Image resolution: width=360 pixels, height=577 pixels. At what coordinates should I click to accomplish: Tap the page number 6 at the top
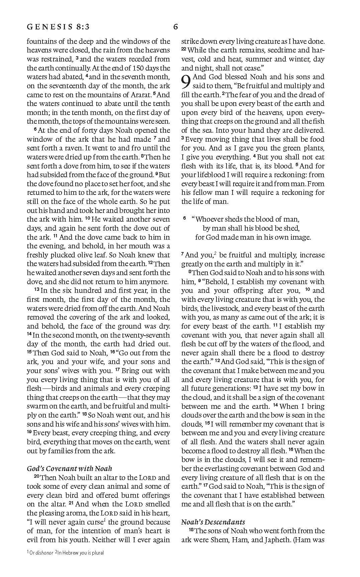(176, 27)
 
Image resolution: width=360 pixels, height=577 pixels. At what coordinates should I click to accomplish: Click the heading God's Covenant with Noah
(69, 469)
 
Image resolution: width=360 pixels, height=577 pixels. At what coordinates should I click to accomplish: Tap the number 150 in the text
(137, 68)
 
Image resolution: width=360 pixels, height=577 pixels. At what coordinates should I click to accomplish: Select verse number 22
(184, 49)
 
